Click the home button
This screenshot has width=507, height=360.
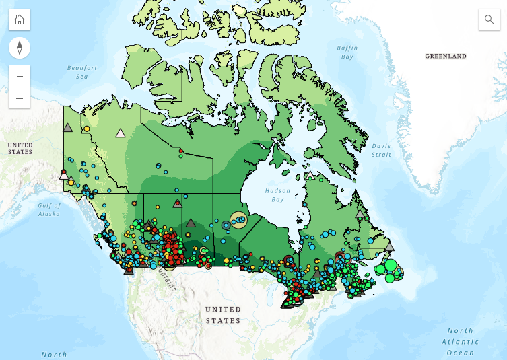[20, 20]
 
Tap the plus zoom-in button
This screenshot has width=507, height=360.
[20, 76]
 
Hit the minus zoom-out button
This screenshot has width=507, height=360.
[20, 98]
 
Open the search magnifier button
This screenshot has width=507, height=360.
[489, 20]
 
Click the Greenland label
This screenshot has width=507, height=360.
[446, 57]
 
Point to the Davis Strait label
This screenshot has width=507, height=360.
[381, 150]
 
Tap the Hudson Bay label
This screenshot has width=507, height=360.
[277, 195]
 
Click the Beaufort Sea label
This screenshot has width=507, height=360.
[82, 72]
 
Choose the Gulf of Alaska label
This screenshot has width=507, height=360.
[49, 209]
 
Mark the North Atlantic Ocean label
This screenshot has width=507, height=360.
[461, 341]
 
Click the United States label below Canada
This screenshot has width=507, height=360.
[223, 315]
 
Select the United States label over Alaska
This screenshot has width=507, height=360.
[20, 149]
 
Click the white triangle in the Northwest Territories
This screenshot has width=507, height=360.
[121, 133]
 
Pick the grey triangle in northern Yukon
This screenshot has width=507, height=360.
[67, 127]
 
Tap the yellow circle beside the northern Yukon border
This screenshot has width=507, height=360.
[86, 128]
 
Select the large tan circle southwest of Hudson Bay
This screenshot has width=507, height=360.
[238, 219]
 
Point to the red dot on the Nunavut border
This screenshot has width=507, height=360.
[180, 151]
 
